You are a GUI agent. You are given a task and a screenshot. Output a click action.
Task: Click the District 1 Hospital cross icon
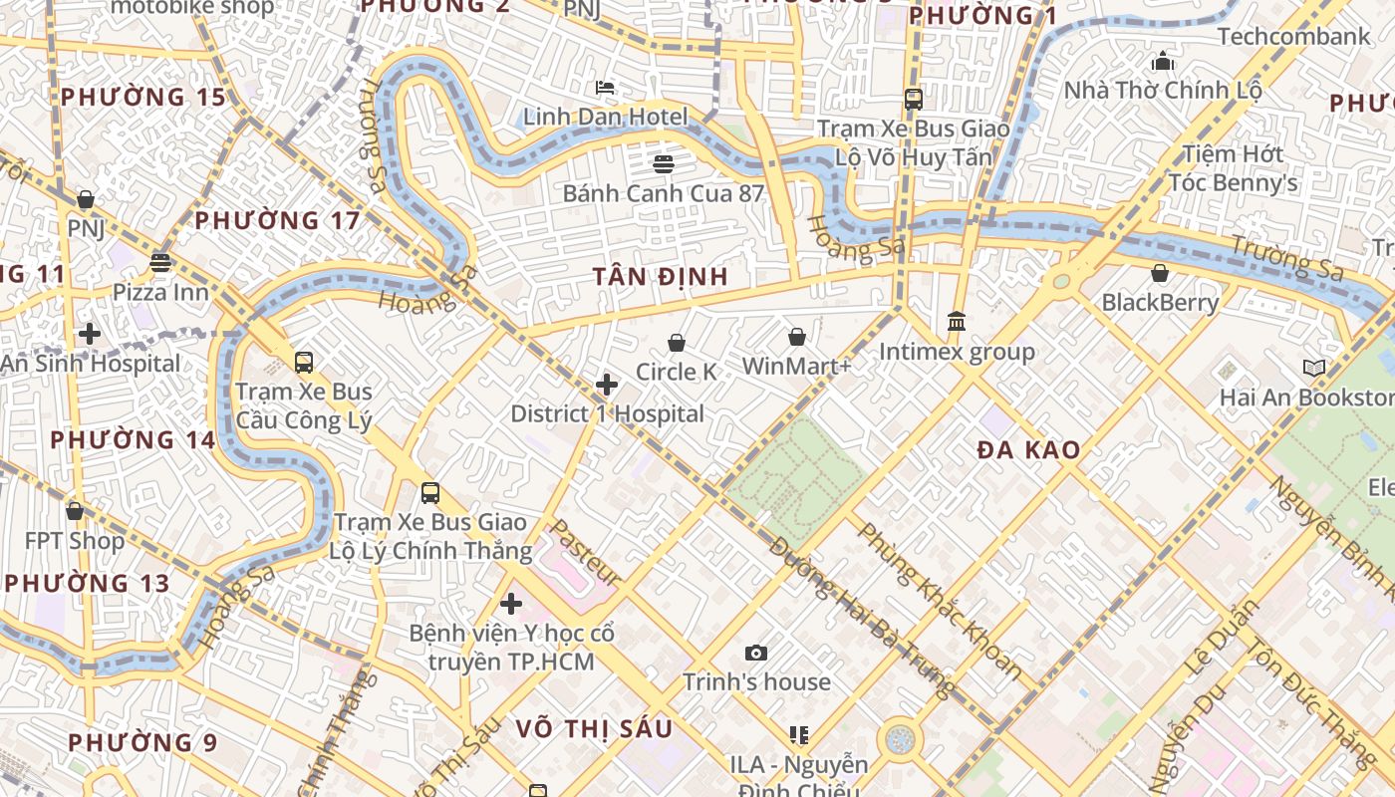[x=606, y=385]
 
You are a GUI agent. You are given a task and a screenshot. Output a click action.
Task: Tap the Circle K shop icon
[x=677, y=343]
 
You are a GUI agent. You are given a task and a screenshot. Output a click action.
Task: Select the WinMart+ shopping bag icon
[x=797, y=337]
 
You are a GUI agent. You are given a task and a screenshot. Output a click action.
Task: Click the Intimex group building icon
[x=957, y=321]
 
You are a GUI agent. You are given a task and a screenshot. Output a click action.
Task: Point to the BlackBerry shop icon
[x=1160, y=273]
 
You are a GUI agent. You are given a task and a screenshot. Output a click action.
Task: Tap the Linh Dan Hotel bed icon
[x=605, y=88]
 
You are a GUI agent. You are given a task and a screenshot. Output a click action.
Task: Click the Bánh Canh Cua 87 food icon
[x=664, y=163]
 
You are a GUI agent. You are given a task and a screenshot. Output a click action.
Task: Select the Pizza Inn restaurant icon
[x=160, y=263]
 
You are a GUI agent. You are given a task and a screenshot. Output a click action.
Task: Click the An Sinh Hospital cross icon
[x=90, y=334]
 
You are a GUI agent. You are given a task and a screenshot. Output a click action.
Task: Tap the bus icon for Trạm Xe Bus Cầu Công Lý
[x=304, y=363]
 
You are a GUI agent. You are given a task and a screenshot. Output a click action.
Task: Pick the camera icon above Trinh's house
[x=756, y=654]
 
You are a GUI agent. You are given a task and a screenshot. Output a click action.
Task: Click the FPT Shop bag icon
[x=75, y=511]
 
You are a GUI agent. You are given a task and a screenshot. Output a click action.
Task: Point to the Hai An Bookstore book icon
[x=1314, y=369]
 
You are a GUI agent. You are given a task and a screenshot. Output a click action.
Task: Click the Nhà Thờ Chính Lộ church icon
[x=1162, y=62]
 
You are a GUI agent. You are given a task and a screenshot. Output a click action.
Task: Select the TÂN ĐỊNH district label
[x=661, y=276]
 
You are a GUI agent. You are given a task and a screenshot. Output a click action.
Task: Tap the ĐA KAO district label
[x=1028, y=449]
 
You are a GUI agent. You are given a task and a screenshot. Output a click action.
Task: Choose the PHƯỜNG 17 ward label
[x=277, y=220]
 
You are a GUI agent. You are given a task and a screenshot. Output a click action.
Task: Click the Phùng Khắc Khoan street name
[x=938, y=599]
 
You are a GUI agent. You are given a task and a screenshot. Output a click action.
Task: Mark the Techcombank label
[x=1293, y=37]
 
